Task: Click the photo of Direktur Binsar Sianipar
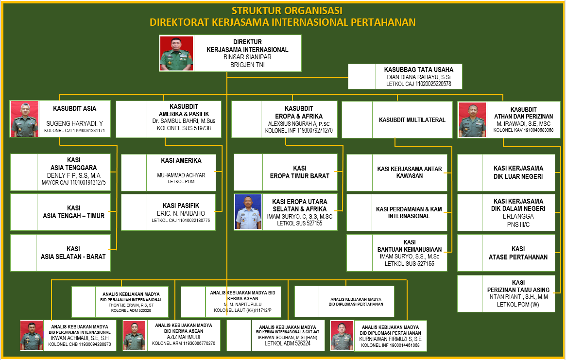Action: [177, 53]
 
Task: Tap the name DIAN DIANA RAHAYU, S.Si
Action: [418, 77]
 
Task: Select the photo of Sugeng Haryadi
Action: [24, 119]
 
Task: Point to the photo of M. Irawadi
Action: [473, 120]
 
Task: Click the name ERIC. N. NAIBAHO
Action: [181, 213]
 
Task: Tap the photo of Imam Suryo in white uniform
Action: [248, 212]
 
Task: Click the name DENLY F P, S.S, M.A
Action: [73, 175]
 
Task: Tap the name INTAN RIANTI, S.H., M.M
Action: [518, 297]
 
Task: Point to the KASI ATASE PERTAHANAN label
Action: [518, 253]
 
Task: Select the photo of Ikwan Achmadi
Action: [32, 335]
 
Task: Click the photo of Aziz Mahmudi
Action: [135, 335]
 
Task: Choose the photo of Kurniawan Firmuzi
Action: [342, 335]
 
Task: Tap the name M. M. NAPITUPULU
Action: [242, 304]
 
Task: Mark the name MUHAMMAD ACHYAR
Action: [181, 175]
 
